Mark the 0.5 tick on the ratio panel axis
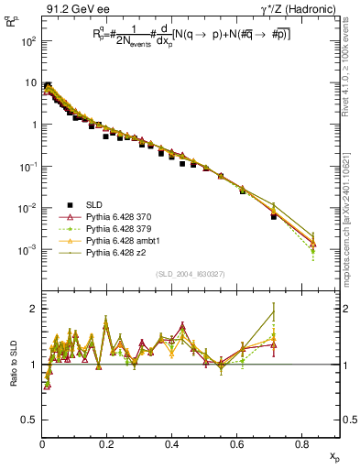pyautogui.click(x=28, y=420)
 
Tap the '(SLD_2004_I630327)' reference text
pyautogui.click(x=191, y=274)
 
